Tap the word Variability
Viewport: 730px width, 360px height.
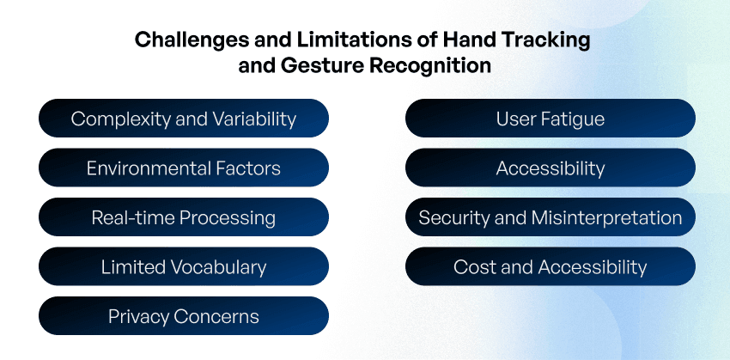tap(255, 119)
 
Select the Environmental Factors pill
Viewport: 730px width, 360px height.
tap(184, 168)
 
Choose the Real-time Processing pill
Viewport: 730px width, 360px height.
tap(184, 217)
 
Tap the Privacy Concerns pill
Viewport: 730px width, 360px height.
tap(184, 316)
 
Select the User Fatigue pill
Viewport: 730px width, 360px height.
tap(551, 119)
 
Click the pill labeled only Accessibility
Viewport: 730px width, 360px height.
tap(551, 168)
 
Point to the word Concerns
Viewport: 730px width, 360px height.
tap(216, 317)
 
